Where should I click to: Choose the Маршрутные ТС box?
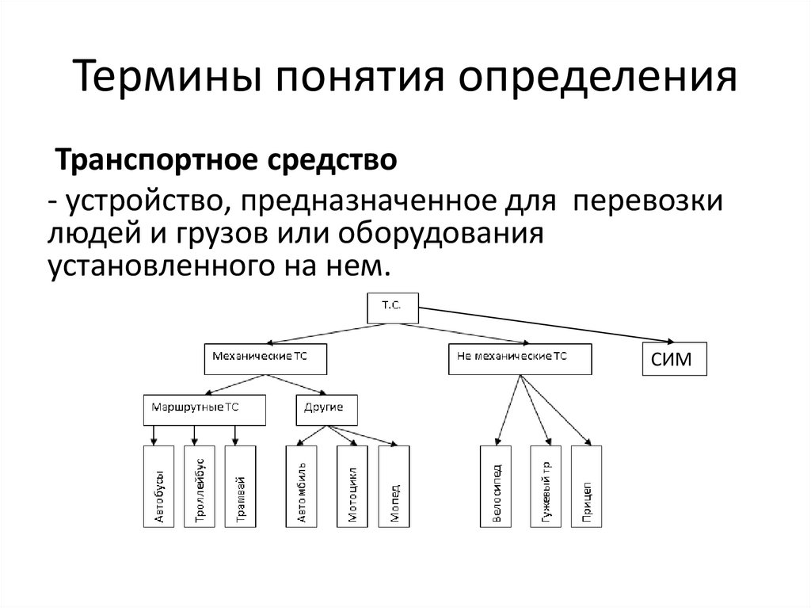(204, 410)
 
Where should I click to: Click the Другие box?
(326, 410)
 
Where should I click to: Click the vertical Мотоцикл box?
(352, 487)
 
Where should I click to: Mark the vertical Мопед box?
(394, 487)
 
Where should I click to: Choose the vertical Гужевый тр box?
(545, 487)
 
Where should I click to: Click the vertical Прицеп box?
(586, 487)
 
